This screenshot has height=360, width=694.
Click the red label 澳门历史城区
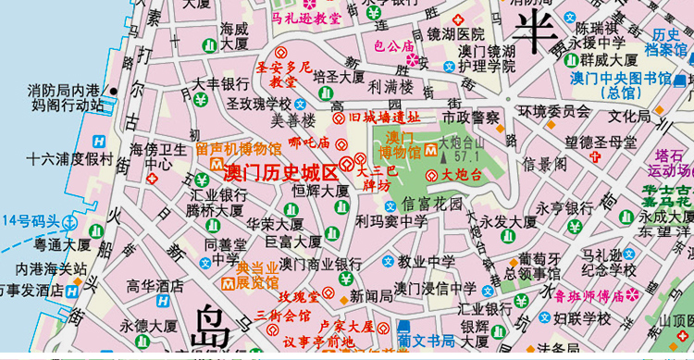tap(281, 172)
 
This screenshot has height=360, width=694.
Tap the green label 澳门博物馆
tap(400, 144)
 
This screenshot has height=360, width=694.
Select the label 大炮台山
tap(462, 143)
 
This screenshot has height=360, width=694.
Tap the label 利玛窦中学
tap(391, 221)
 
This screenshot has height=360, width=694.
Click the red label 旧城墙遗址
tap(384, 118)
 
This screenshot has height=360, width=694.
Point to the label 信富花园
tap(431, 203)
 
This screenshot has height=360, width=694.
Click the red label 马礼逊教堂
tap(306, 18)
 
